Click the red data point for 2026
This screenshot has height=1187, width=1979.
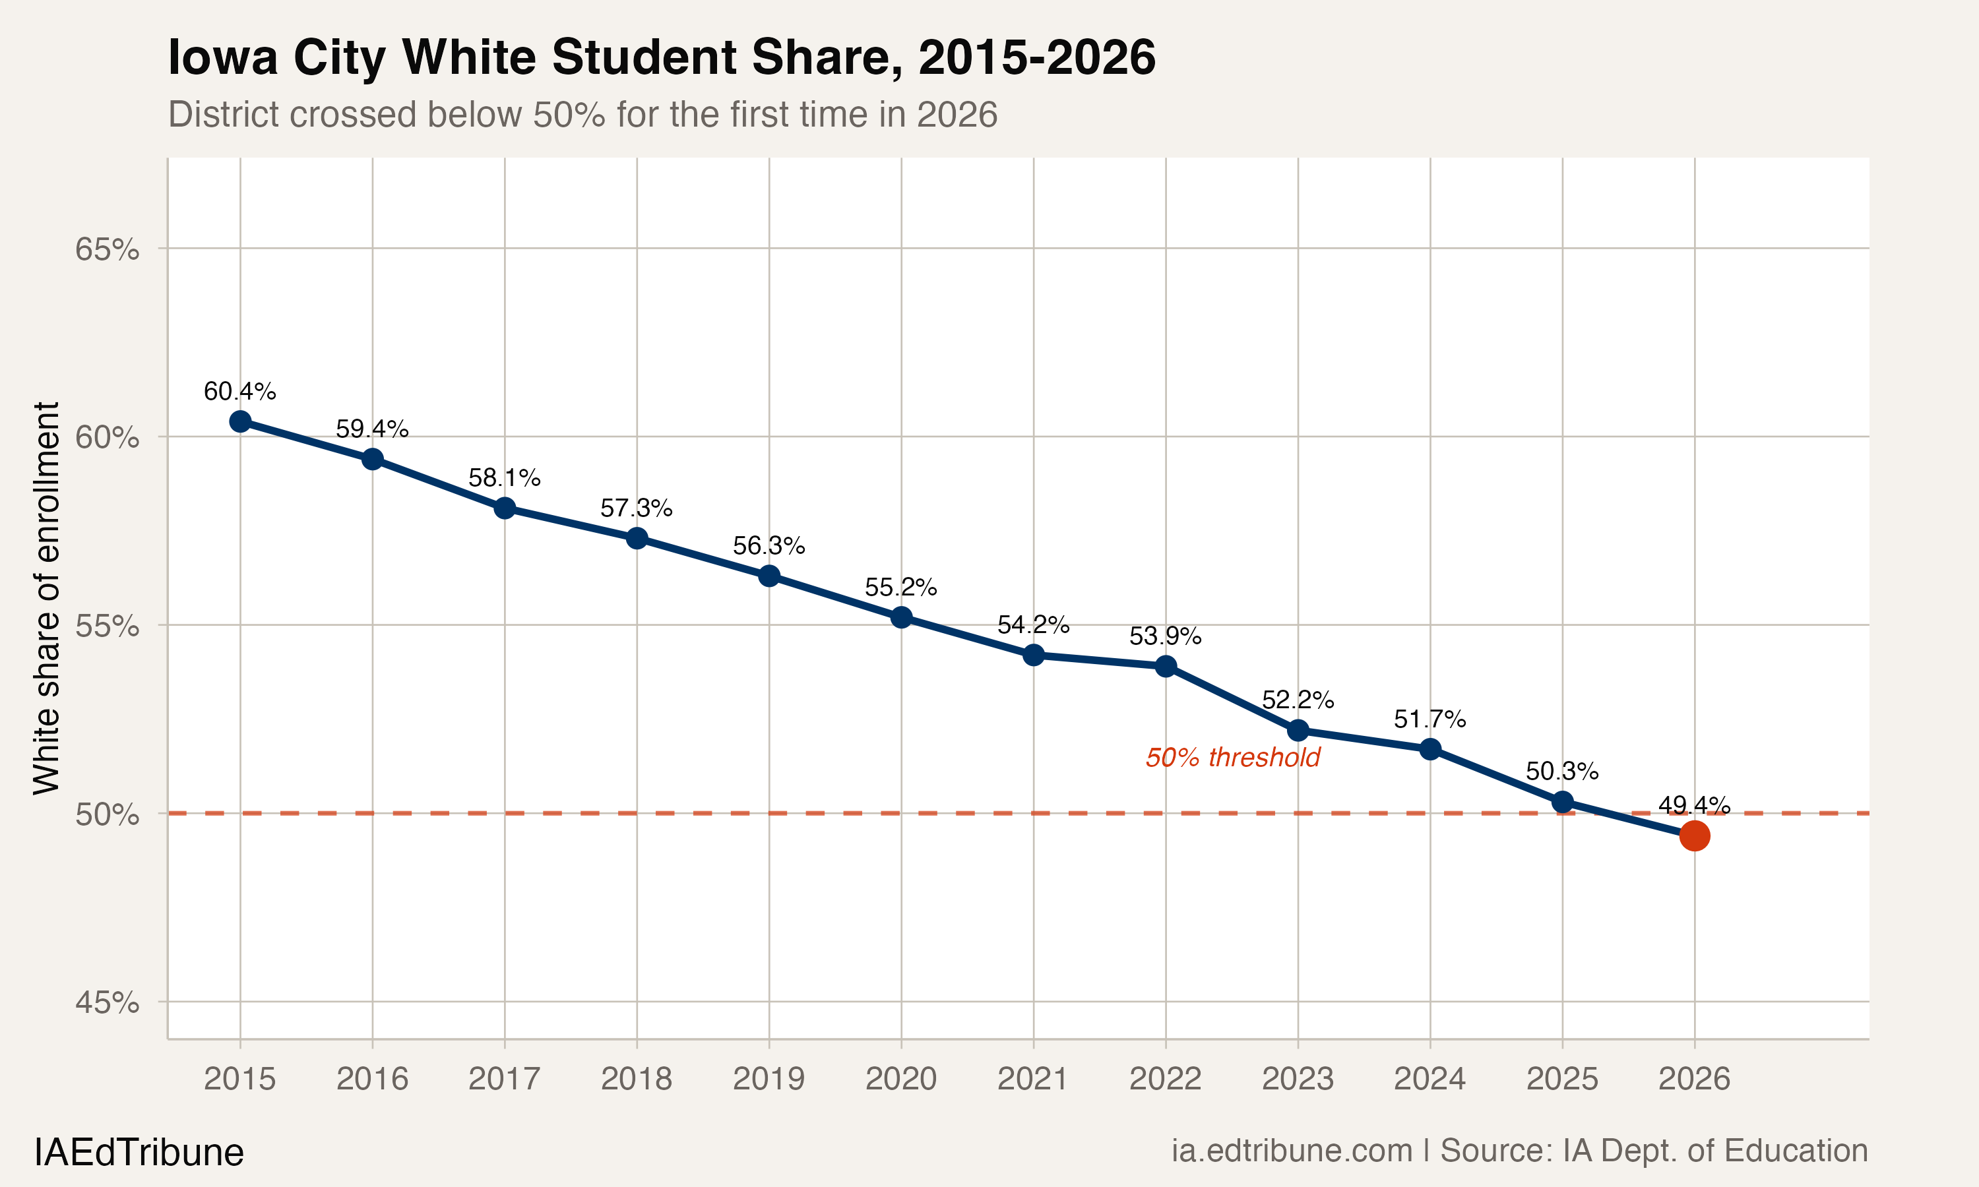click(x=1694, y=836)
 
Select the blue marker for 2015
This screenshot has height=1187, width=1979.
click(x=240, y=421)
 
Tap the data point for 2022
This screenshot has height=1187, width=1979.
click(x=1166, y=666)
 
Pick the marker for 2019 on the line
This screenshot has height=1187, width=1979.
click(x=769, y=576)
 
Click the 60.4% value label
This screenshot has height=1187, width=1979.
click(x=240, y=391)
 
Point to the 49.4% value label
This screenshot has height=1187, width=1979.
click(x=1694, y=805)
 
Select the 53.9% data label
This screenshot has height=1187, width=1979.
click(x=1166, y=636)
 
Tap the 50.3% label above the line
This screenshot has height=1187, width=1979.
click(x=1561, y=771)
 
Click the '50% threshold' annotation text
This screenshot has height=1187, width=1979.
click(x=1233, y=758)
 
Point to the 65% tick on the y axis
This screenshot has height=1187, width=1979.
click(x=107, y=249)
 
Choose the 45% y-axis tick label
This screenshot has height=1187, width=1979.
click(x=107, y=1002)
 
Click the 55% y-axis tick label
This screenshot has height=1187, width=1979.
click(x=107, y=626)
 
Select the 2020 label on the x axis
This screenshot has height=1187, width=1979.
click(x=900, y=1079)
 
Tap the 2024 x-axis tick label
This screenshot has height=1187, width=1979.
click(x=1429, y=1079)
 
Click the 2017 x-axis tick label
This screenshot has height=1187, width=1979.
click(x=504, y=1079)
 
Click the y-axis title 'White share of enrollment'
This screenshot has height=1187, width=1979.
click(x=46, y=598)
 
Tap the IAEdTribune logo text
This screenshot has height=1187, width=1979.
click(x=139, y=1153)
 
